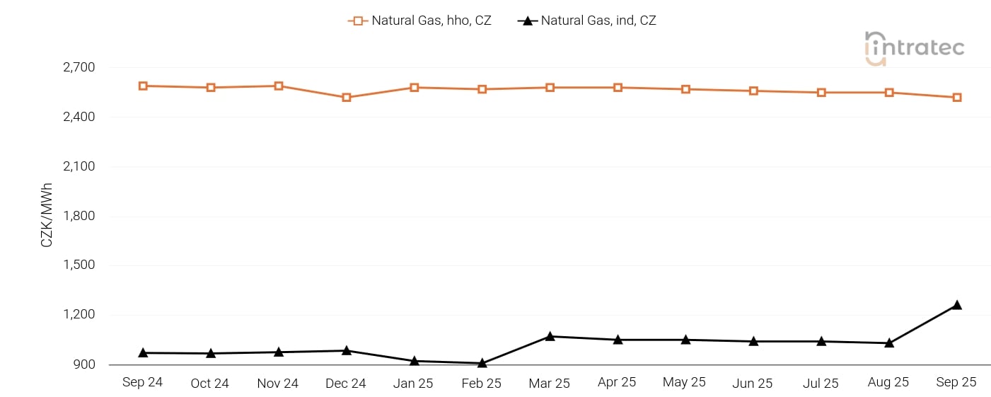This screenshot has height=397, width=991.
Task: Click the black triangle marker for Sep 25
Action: [x=956, y=305]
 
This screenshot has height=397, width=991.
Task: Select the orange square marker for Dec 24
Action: [x=347, y=98]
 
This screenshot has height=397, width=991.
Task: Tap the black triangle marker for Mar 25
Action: [x=550, y=336]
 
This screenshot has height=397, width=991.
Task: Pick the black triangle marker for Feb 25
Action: [x=482, y=363]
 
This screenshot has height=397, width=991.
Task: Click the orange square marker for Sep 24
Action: [x=143, y=86]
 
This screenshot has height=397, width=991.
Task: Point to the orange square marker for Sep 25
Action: [x=956, y=98]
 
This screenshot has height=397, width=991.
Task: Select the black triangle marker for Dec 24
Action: [x=347, y=350]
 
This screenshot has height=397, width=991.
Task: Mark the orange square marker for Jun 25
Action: [x=753, y=91]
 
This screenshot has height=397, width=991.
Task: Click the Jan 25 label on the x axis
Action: [x=413, y=383]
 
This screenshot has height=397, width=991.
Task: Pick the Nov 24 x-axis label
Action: [x=278, y=383]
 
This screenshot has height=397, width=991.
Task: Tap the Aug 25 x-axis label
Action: [x=888, y=382]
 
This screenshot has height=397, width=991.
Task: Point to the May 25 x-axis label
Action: [x=685, y=382]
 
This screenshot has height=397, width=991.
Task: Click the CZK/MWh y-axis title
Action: [x=47, y=215]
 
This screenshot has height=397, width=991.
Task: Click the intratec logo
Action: [x=914, y=48]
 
